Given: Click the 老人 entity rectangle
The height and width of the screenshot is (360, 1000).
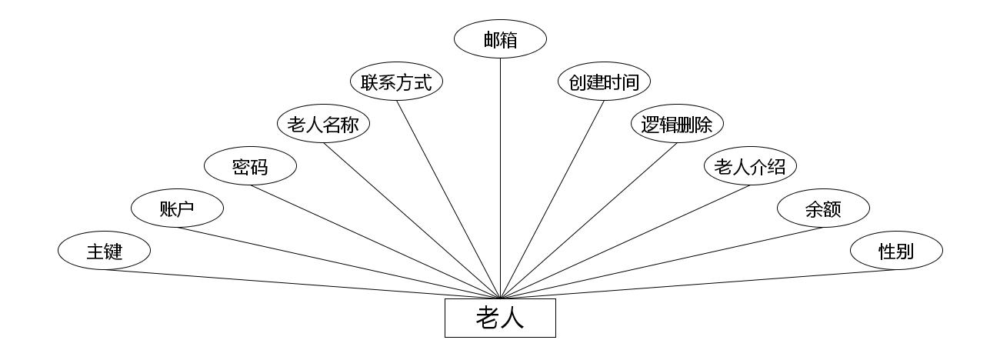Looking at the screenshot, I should coord(500,318).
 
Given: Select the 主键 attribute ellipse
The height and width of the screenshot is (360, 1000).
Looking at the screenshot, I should coord(104,251).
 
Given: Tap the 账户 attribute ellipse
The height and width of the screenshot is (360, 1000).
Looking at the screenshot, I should coord(177,208).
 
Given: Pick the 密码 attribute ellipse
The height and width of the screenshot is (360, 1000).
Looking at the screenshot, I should coord(250,166).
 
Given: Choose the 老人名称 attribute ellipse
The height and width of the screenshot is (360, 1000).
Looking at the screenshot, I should coord(323,124).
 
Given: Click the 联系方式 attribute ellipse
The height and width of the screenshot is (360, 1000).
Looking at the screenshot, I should coord(396,82).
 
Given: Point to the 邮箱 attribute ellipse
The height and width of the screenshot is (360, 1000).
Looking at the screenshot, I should coord(500,40).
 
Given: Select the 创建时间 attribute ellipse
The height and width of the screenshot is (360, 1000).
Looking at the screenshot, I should coord(604,82).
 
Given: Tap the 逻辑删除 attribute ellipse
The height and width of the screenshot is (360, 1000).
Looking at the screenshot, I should coord(677,124).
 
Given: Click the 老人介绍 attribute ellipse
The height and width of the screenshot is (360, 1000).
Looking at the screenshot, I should coord(750,166).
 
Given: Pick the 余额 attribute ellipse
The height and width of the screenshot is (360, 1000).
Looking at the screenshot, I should coord(823,208).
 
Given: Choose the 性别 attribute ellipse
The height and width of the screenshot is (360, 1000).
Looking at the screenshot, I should coord(896,251).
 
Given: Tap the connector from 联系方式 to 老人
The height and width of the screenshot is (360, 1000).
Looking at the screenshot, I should coord(448,199).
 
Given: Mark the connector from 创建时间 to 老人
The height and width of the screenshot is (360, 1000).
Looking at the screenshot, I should coord(552,199).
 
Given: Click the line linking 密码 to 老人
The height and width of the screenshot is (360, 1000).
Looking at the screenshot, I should coord(375,242).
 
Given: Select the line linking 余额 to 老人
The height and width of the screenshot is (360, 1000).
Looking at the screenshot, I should coord(662,263).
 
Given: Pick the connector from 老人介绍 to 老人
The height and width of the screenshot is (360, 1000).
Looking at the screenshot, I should coord(625,242).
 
